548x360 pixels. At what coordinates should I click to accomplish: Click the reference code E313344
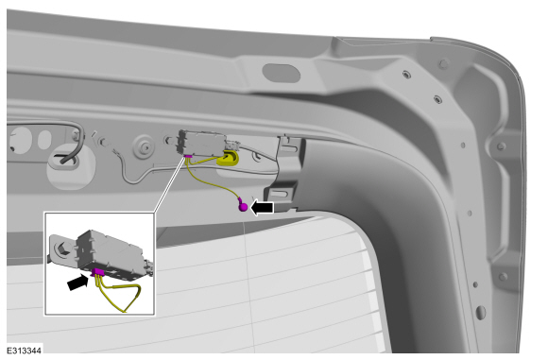tap(25, 351)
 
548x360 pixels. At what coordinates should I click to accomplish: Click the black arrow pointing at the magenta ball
tap(262, 208)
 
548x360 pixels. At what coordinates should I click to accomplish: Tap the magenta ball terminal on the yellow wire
tap(243, 207)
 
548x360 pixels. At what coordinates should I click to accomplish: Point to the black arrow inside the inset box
tap(77, 282)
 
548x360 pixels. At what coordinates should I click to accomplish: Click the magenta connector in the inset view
tap(98, 272)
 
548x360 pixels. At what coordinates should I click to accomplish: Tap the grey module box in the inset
tap(111, 255)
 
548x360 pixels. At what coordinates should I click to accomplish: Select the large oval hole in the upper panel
tap(282, 73)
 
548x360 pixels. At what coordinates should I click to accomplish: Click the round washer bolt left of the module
tap(144, 146)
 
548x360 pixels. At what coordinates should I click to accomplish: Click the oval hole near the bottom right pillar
tap(481, 313)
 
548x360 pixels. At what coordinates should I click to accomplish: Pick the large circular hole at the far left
tap(21, 140)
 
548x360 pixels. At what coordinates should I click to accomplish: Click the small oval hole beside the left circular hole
tap(44, 140)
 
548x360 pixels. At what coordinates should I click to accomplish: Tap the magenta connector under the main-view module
tap(188, 157)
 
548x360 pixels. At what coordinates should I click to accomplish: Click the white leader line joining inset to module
tap(169, 185)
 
